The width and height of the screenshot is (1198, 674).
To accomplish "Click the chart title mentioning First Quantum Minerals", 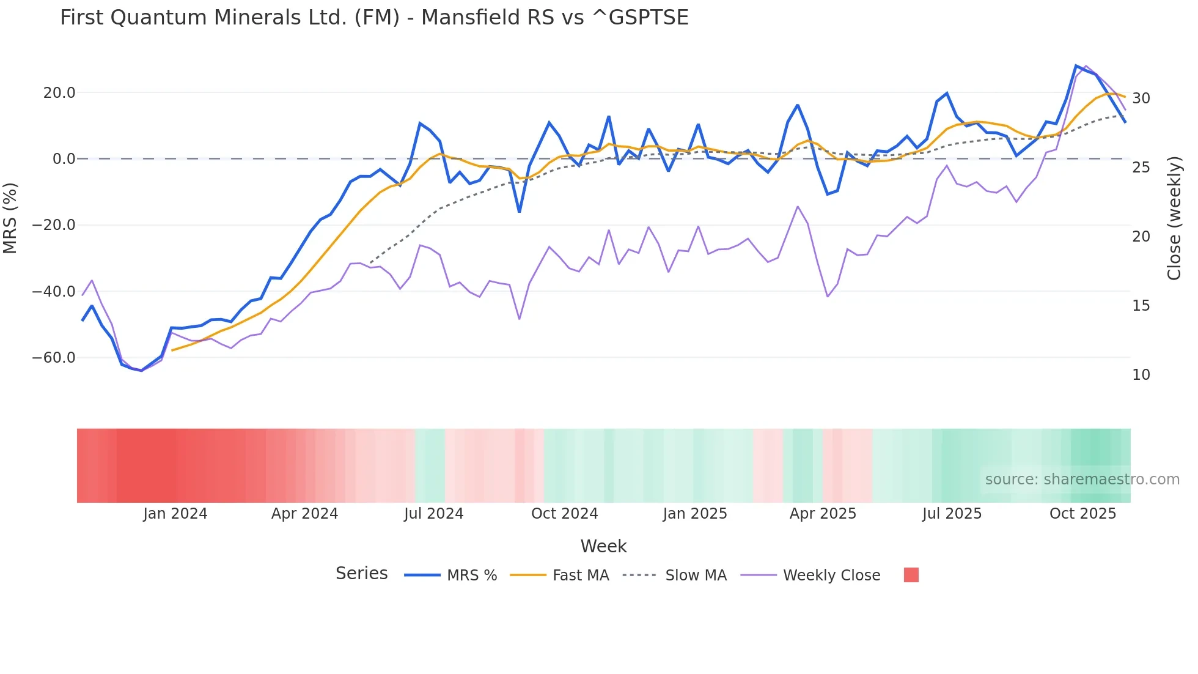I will point(374,18).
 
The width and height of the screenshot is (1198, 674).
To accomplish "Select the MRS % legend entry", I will point(471,576).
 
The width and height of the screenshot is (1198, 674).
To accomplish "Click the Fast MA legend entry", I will point(580,576).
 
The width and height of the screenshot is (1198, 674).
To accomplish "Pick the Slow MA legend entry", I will point(696,576).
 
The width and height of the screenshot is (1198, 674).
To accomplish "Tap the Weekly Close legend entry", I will point(831,576).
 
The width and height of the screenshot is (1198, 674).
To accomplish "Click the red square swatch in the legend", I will point(911,575).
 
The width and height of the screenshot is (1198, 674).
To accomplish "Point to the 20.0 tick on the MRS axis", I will point(59,93).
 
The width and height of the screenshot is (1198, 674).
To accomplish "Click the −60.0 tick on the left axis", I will point(54,358).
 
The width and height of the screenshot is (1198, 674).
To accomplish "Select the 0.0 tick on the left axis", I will point(64,159).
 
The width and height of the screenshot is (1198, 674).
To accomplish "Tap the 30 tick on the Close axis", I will point(1141,98).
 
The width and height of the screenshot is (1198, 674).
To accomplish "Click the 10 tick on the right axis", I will point(1141,375).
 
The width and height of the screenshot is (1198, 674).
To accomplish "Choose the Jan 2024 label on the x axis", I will point(175,514).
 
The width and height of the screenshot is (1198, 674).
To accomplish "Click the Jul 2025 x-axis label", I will point(952,514).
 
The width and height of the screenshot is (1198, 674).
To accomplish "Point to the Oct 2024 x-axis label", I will point(564,514).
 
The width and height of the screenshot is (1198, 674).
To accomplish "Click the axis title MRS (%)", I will point(10,218).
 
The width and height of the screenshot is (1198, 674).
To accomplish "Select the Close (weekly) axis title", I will point(1174,218).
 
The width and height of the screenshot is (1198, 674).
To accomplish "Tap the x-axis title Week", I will point(603,546).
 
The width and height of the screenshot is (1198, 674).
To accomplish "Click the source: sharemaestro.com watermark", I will point(1082,480).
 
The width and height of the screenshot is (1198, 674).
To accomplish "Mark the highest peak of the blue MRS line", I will point(1076,65).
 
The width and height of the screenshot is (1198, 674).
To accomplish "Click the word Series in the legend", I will point(361,574).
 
